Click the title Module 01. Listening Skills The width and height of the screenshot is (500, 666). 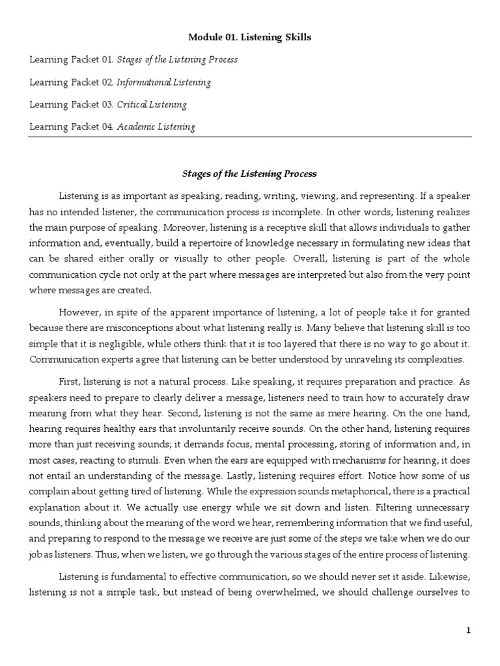[249, 37]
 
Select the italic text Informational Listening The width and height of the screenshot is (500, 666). [164, 83]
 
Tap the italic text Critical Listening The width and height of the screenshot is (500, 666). [152, 105]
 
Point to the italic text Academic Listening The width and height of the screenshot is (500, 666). [156, 127]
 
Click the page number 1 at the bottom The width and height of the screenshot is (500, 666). [467, 630]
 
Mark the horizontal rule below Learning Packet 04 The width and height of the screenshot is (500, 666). [249, 137]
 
